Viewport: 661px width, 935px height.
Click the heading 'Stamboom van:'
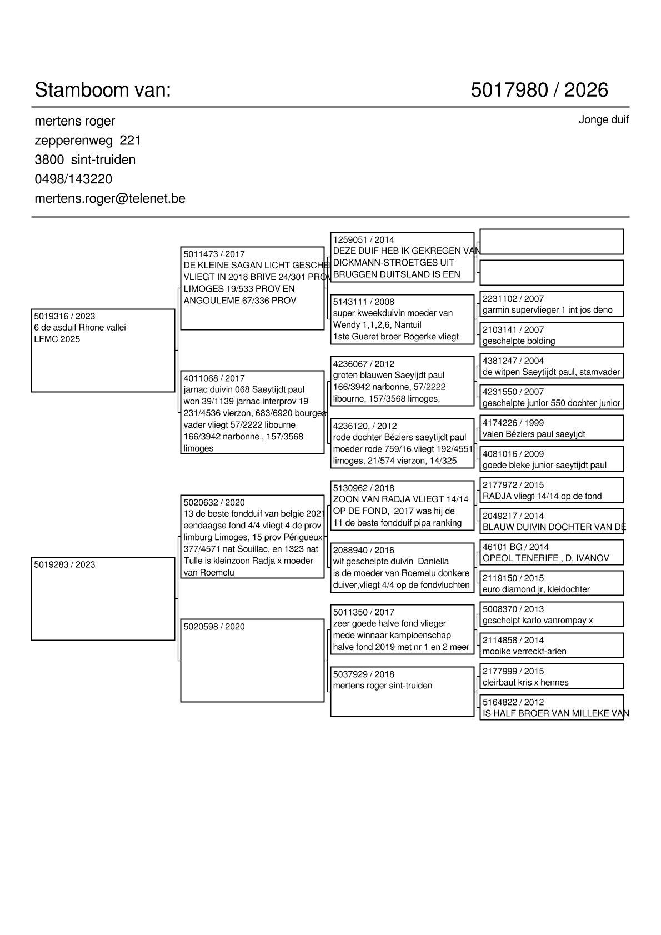[103, 90]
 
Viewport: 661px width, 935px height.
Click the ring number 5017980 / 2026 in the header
[539, 90]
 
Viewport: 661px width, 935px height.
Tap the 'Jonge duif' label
[603, 120]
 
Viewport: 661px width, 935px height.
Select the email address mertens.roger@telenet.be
[110, 198]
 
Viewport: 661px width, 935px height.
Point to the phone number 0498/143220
[73, 179]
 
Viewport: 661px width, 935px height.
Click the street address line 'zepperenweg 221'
[88, 141]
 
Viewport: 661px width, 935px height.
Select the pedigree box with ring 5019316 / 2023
[103, 351]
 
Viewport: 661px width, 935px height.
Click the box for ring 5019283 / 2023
[103, 599]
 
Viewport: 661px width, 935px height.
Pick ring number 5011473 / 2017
[214, 254]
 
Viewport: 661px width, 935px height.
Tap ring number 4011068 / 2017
[214, 378]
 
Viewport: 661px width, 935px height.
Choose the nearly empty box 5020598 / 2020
[252, 661]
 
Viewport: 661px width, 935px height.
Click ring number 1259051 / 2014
[363, 240]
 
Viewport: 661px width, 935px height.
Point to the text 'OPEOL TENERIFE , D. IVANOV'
[545, 558]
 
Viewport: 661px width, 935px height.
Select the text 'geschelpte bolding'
[518, 341]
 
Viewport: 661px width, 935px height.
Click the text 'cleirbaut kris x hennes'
[525, 683]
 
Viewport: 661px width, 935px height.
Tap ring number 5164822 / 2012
[513, 702]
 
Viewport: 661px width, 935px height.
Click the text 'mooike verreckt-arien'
[524, 652]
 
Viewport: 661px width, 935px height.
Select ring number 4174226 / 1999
[513, 423]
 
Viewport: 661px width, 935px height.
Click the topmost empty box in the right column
[551, 242]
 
